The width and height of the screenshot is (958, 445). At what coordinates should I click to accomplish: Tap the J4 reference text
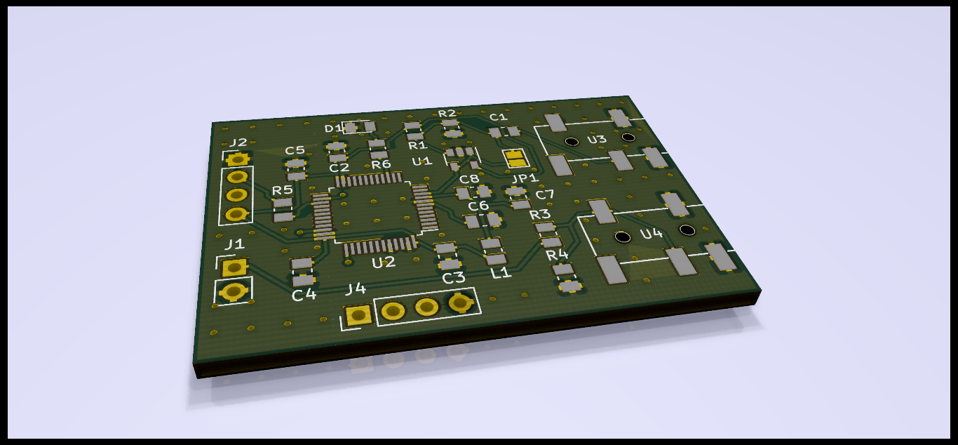356,289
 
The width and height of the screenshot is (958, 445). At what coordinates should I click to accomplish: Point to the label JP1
525,178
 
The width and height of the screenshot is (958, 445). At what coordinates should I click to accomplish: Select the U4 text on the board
652,234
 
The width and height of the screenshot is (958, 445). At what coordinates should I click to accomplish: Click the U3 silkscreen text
597,140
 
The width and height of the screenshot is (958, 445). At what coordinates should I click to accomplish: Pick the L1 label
501,272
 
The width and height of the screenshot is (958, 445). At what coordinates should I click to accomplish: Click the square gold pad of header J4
358,316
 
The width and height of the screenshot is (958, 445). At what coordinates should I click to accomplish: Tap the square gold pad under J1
234,268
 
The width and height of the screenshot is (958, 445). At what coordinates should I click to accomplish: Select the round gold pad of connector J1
233,292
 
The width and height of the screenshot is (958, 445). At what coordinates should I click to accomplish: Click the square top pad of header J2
237,159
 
